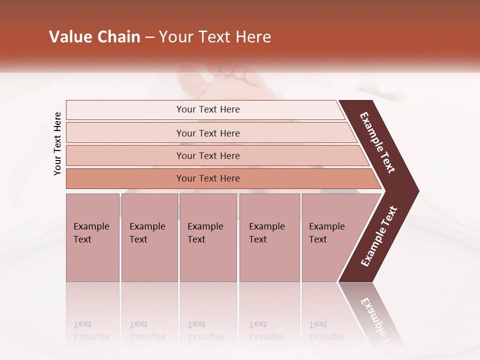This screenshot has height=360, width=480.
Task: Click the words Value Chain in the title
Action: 94,37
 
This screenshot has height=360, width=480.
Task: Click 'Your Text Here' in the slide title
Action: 215,37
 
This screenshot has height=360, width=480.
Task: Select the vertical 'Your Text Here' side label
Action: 57,143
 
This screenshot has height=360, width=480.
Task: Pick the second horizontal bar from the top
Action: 208,133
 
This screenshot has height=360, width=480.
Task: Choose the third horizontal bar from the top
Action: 208,155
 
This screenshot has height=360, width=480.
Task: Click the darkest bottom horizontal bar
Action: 208,178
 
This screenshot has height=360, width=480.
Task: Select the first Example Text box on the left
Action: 92,237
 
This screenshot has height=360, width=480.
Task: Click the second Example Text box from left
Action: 149,237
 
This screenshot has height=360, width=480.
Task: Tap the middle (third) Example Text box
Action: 208,237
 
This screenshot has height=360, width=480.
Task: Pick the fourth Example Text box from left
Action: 269,237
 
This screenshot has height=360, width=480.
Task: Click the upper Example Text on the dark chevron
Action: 377,142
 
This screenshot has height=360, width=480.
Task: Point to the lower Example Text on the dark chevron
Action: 379,236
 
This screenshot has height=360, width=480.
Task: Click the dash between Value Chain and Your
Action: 149,37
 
